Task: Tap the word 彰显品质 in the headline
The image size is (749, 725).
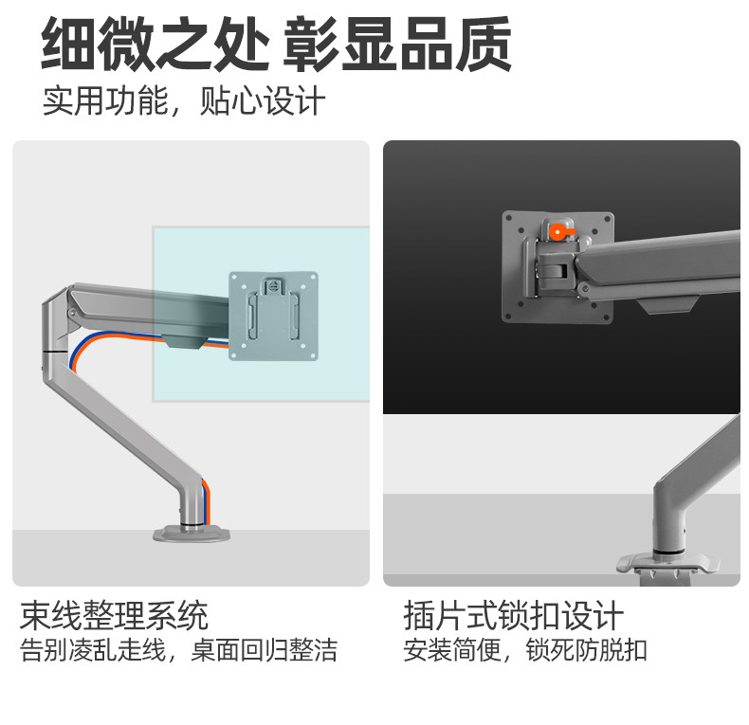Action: click(x=399, y=45)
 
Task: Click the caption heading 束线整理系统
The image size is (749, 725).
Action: click(x=114, y=617)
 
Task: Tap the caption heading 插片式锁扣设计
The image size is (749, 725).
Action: click(x=513, y=617)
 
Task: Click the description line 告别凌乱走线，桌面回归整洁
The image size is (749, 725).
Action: click(x=178, y=652)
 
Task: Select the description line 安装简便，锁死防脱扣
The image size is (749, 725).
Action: click(x=524, y=652)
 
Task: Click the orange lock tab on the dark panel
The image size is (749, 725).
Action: click(x=558, y=229)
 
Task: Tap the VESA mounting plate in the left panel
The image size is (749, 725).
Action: click(x=273, y=317)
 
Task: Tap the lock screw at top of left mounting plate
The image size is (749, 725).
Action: click(x=273, y=283)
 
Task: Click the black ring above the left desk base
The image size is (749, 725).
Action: click(x=191, y=518)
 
